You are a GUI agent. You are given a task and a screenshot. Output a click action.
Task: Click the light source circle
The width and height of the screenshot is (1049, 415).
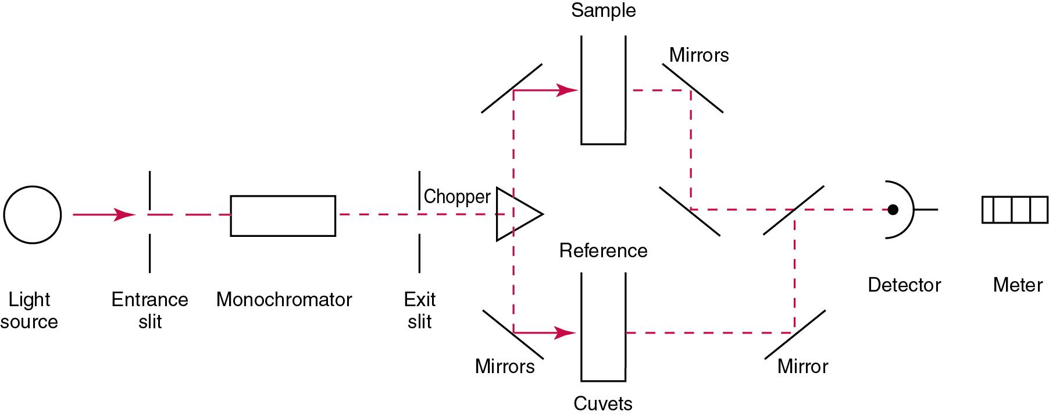coord(33,215)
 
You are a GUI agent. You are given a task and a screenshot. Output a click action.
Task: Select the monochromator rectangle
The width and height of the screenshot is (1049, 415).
coord(283,215)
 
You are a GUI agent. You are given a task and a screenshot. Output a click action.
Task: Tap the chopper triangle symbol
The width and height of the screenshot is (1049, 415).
coord(516,214)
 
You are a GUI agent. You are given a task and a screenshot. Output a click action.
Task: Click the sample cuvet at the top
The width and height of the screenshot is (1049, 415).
coord(603,90)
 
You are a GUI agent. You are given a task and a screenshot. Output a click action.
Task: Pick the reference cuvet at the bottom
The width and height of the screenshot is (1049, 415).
coord(603,327)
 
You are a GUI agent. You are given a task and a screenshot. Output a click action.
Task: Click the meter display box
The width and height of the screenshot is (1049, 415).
coord(1015,210)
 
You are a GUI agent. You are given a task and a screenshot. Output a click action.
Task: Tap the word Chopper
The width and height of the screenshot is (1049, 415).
coord(457,197)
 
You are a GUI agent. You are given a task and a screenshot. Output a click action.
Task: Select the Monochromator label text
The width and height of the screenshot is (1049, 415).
coord(284,300)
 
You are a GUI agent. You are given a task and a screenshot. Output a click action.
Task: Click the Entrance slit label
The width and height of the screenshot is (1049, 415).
coord(149,310)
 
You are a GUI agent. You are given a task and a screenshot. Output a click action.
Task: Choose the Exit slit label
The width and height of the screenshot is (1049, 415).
coord(419,310)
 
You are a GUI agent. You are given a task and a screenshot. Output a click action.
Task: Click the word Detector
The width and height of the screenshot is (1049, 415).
coord(904,285)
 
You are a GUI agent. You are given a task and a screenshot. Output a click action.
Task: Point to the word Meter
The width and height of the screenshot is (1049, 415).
coord(1017,285)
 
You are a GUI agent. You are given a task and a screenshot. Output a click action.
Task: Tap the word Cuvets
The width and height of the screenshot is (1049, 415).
coord(602,403)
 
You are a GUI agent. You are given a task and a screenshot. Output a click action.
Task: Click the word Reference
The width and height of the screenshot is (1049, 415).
coord(603,251)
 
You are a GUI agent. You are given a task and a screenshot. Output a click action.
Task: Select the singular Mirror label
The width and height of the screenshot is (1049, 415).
coord(802,367)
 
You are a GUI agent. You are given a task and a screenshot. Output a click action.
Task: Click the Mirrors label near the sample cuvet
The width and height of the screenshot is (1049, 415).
coord(698,55)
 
